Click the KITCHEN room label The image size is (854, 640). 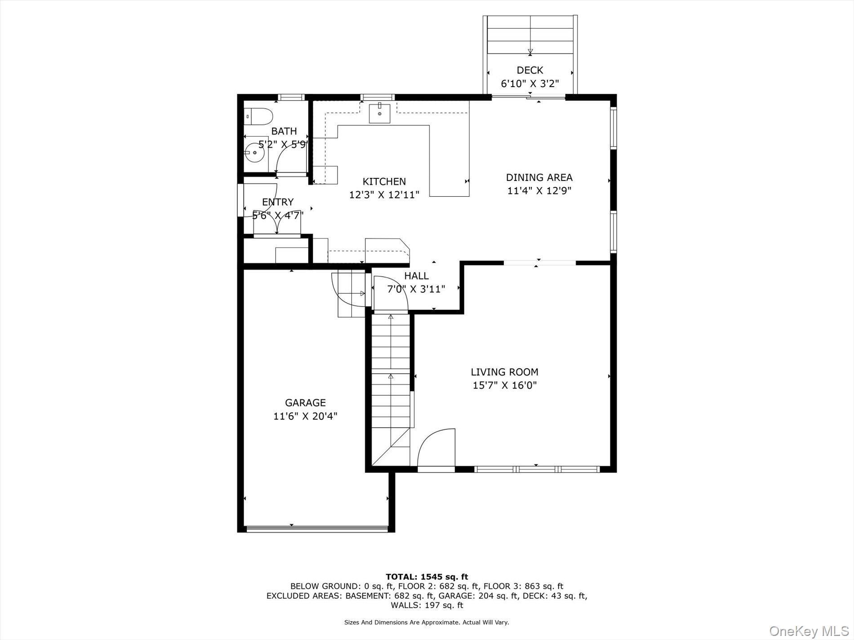click(x=384, y=181)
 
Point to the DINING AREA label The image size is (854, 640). click(x=539, y=177)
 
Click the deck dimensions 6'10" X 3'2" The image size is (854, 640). click(x=529, y=84)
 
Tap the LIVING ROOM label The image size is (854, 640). click(x=504, y=372)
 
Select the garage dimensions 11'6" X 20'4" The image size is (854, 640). click(x=305, y=416)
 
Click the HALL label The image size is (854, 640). click(x=416, y=276)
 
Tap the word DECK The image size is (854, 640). click(x=529, y=70)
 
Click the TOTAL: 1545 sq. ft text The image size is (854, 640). click(x=427, y=577)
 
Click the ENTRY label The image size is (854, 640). click(x=278, y=202)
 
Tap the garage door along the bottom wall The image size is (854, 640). click(x=316, y=529)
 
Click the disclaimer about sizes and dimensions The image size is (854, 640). click(x=427, y=622)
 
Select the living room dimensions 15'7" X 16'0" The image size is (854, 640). click(x=504, y=385)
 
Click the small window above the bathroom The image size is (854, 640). click(x=290, y=97)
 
